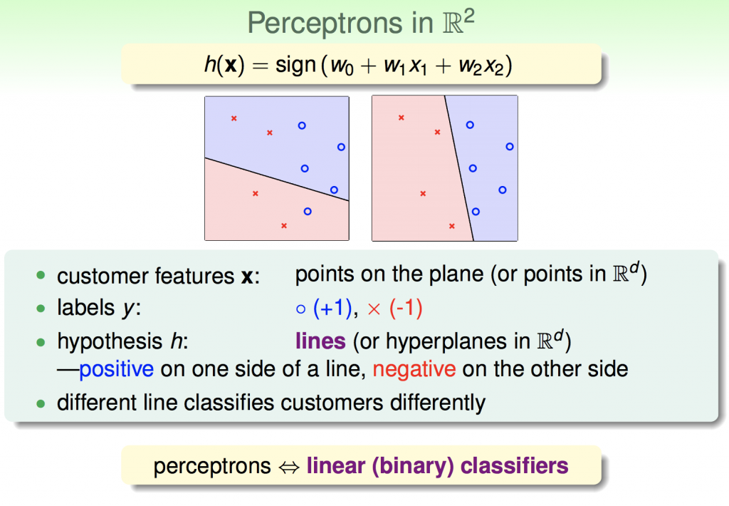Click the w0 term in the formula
click(x=342, y=66)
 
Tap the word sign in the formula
click(x=295, y=65)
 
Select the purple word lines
click(x=320, y=341)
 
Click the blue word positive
click(x=116, y=370)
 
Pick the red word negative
click(x=414, y=370)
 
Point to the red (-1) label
click(x=406, y=308)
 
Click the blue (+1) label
click(x=332, y=308)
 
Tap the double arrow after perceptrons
click(x=289, y=468)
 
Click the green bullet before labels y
click(x=41, y=308)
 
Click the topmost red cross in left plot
click(x=234, y=118)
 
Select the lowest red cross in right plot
click(x=452, y=226)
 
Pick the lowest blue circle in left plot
click(x=308, y=212)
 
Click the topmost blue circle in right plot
click(x=470, y=125)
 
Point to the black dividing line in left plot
click(x=277, y=180)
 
